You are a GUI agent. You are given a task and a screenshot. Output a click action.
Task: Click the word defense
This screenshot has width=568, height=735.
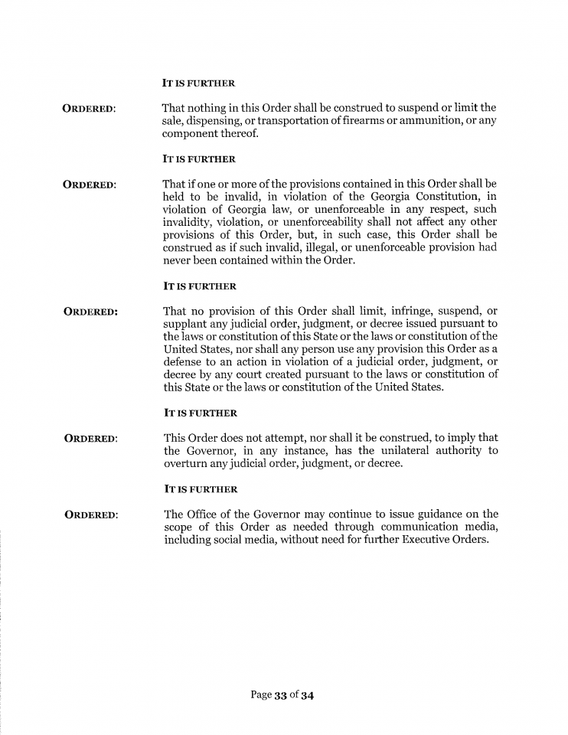[x=186, y=362]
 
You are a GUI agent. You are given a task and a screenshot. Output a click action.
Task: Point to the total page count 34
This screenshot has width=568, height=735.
[x=307, y=696]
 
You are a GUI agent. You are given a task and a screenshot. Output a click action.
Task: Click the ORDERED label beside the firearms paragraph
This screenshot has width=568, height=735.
[x=89, y=108]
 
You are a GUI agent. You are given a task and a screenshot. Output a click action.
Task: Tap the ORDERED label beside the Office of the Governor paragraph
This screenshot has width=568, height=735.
[x=90, y=514]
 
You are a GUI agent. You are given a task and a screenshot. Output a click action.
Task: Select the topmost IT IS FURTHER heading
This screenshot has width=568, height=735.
[x=198, y=83]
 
